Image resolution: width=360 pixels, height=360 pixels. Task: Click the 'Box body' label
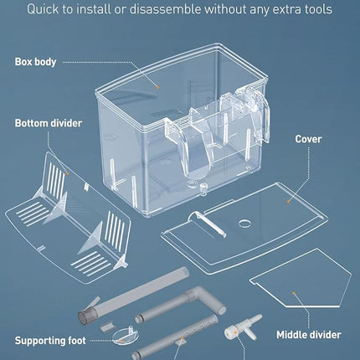coord(35,62)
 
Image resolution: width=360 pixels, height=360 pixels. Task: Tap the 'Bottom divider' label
coord(49,123)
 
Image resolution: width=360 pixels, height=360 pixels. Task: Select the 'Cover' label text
coord(308,139)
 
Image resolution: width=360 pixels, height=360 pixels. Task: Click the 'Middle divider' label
coord(309,335)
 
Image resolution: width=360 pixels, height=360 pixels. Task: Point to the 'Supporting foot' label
coord(50,341)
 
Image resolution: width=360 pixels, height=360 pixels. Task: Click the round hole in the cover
coord(244,223)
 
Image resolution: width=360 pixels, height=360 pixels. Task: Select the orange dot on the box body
coord(157,87)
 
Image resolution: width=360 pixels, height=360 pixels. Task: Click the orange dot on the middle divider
coord(294,293)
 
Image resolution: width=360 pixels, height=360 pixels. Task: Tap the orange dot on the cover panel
coord(288,201)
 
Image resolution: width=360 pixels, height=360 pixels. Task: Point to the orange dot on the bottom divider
coord(67,173)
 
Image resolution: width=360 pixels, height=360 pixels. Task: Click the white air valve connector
coord(244,327)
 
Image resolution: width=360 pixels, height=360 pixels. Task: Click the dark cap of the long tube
coord(85,316)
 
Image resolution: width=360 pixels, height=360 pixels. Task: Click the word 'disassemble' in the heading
coord(165,9)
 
